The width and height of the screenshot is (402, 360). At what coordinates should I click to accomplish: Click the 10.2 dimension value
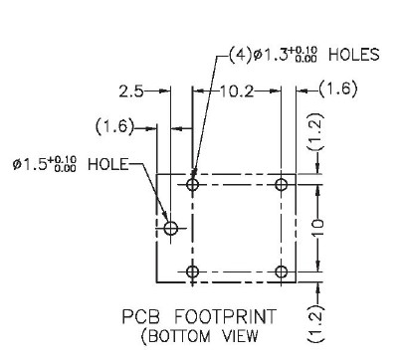237,91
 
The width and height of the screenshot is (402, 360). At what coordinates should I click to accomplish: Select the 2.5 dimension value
131,91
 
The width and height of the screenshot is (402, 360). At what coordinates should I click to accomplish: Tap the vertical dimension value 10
317,228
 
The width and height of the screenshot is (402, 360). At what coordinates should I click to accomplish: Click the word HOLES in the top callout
354,55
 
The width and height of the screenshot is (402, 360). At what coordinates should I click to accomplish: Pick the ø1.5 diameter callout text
45,164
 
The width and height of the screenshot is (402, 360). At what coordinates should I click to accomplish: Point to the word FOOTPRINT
225,316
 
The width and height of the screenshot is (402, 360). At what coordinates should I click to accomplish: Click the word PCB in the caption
141,316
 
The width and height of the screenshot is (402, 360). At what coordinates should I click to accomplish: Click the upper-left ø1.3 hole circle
192,184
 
